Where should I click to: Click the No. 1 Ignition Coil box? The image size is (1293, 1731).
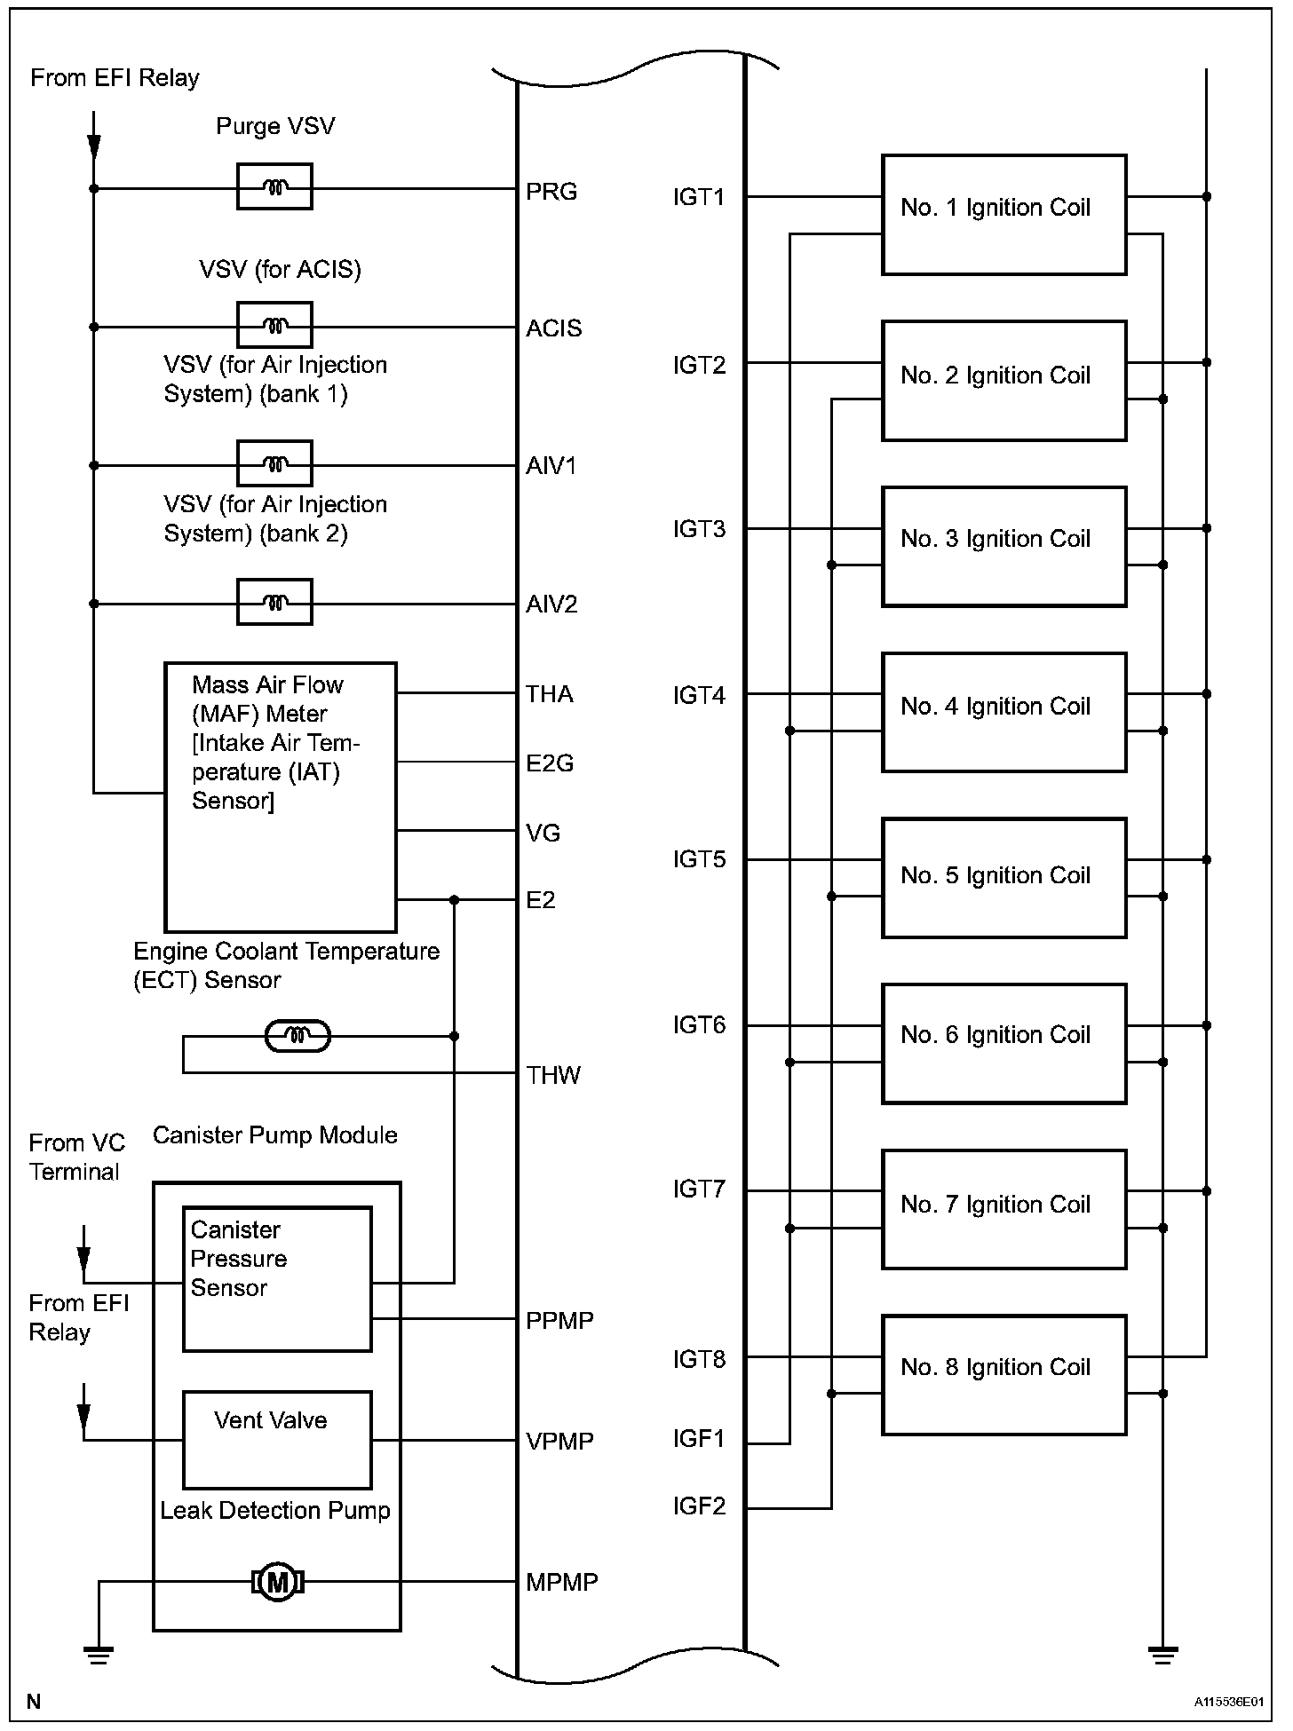click(x=1003, y=215)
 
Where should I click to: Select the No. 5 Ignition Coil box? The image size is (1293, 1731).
click(x=1003, y=878)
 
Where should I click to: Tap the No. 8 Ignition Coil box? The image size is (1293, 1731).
click(x=1003, y=1375)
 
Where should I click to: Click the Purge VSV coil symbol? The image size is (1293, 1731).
click(x=274, y=187)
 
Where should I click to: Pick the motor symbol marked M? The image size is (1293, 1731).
click(x=277, y=1582)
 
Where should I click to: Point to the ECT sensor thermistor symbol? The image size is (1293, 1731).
click(x=298, y=1036)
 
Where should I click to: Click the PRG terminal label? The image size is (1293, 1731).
click(x=551, y=192)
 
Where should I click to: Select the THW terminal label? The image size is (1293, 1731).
click(x=553, y=1076)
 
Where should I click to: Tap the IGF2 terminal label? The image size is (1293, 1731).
click(x=699, y=1506)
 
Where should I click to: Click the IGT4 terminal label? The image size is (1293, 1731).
click(x=699, y=696)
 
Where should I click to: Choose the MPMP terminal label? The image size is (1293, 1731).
click(x=562, y=1582)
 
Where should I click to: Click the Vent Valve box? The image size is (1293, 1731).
click(x=277, y=1440)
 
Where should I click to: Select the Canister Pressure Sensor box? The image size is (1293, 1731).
click(x=277, y=1279)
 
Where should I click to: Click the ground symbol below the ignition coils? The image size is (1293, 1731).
click(x=1162, y=1655)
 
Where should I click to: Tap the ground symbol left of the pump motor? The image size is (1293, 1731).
click(x=98, y=1655)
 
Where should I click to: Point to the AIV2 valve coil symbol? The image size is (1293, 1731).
click(x=274, y=603)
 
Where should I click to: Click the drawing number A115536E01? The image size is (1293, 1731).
click(x=1228, y=1702)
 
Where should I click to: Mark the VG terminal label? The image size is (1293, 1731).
click(x=543, y=833)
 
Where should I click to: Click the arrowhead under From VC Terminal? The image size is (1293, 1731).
click(x=83, y=1260)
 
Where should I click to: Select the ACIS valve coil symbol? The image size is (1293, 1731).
click(x=274, y=326)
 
